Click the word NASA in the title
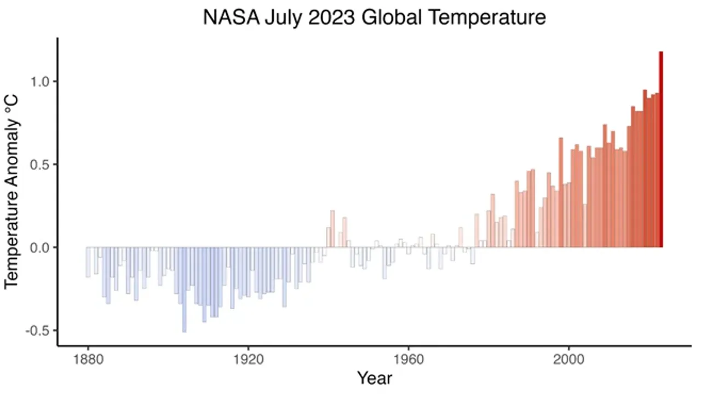[231, 17]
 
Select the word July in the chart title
[284, 19]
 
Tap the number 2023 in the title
[331, 17]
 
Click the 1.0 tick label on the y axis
[40, 82]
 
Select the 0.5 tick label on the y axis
[40, 165]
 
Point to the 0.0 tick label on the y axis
[40, 248]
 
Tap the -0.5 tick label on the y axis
[38, 331]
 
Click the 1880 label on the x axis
[88, 360]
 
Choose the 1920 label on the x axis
[249, 360]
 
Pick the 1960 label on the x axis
[409, 360]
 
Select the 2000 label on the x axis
[568, 360]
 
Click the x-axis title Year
[375, 378]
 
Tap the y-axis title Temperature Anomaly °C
[12, 192]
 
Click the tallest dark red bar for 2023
[661, 149]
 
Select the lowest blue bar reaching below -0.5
[185, 289]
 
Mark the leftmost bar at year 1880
[88, 262]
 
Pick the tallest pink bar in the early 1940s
[332, 229]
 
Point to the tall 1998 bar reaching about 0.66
[561, 193]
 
